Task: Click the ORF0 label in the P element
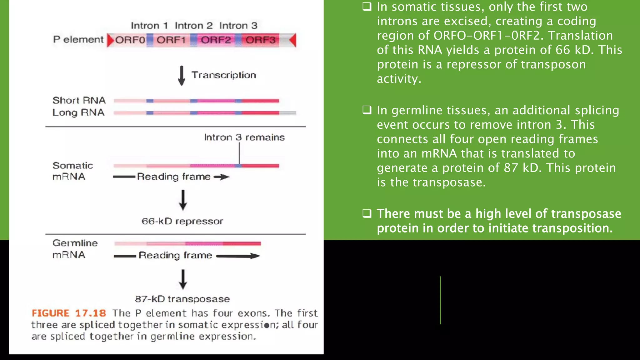[x=130, y=40]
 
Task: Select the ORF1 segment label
[x=171, y=40]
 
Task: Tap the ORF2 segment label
[x=216, y=40]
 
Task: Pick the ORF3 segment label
[x=260, y=40]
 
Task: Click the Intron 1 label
[x=149, y=25]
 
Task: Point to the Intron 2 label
[x=193, y=25]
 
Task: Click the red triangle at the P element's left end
[x=110, y=40]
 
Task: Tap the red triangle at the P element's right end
[x=293, y=40]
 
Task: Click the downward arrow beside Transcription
[x=182, y=76]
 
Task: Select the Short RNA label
[x=79, y=100]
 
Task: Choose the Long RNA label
[x=78, y=112]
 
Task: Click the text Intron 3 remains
[x=244, y=137]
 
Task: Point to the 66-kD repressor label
[x=182, y=221]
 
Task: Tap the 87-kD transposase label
[x=182, y=299]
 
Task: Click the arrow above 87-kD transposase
[x=183, y=279]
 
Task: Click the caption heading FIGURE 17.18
[x=69, y=313]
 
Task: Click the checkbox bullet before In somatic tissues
[x=367, y=7]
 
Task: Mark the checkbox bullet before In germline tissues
[x=367, y=110]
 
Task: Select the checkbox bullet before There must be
[x=367, y=213]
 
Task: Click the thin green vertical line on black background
[x=440, y=300]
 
